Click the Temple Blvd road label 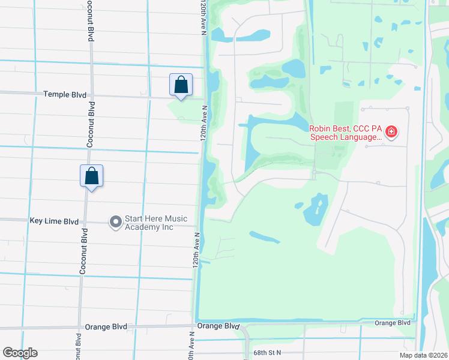click(x=65, y=95)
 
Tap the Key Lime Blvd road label click(x=54, y=221)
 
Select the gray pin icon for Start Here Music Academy click(x=115, y=223)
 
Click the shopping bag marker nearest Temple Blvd click(x=181, y=85)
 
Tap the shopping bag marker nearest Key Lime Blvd click(x=91, y=176)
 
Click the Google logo click(x=20, y=353)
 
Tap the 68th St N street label click(x=267, y=353)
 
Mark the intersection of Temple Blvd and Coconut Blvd click(x=91, y=95)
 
